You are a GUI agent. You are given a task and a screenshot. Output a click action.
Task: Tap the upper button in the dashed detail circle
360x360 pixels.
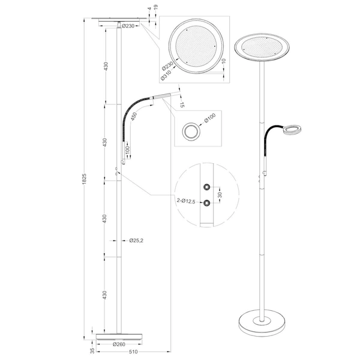[208, 188]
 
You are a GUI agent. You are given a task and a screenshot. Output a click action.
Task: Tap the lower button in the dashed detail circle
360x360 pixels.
[208, 203]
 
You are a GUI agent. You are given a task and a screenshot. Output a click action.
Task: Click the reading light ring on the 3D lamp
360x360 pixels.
[293, 130]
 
